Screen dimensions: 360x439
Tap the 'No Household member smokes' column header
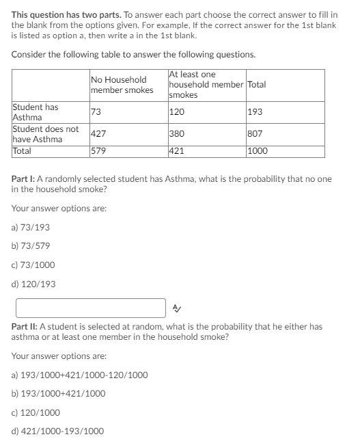click(x=122, y=85)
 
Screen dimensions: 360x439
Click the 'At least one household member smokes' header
click(x=206, y=85)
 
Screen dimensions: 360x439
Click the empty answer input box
click(x=91, y=308)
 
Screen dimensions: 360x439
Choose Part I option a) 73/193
click(x=31, y=227)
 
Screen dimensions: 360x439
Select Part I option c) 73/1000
click(x=33, y=265)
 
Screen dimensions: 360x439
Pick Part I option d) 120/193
click(x=33, y=284)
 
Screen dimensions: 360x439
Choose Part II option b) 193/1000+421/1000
click(x=59, y=393)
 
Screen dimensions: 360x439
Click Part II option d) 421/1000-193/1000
click(x=58, y=431)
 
